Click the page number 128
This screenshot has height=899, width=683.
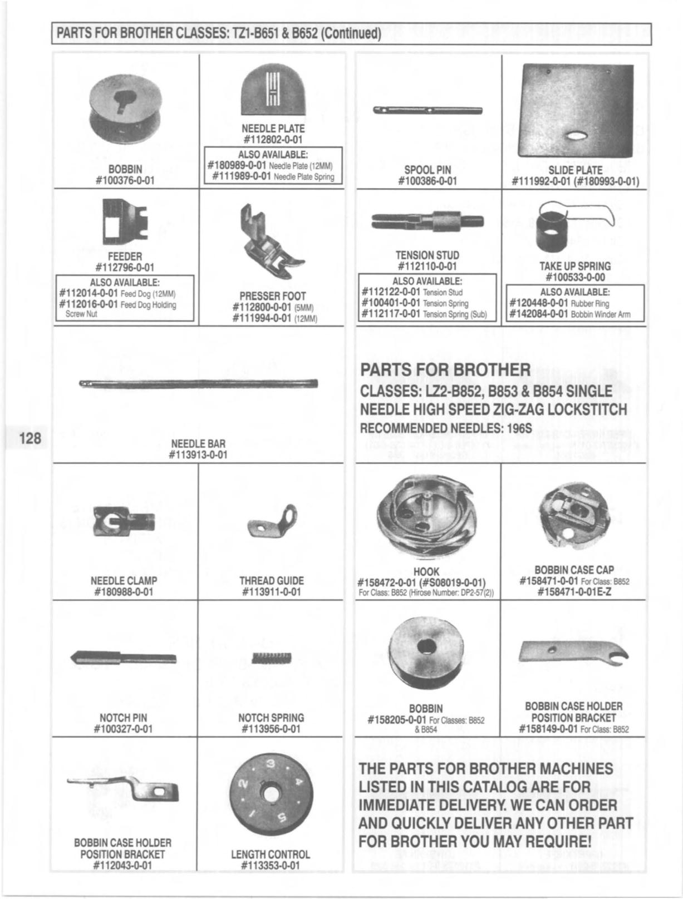point(30,438)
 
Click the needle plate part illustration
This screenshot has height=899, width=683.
point(273,91)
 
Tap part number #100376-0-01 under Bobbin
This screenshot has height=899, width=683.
point(125,180)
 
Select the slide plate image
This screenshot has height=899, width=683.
point(574,111)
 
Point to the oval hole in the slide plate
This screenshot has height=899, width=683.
point(578,137)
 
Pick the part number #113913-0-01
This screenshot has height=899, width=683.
point(198,455)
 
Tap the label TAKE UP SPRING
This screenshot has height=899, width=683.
point(575,266)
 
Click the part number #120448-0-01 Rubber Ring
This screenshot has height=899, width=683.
point(539,303)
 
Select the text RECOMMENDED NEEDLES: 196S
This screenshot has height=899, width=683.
point(446,428)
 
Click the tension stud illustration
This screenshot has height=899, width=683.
point(428,221)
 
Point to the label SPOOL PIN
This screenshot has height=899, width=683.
point(428,170)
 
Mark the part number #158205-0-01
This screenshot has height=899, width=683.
point(398,720)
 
